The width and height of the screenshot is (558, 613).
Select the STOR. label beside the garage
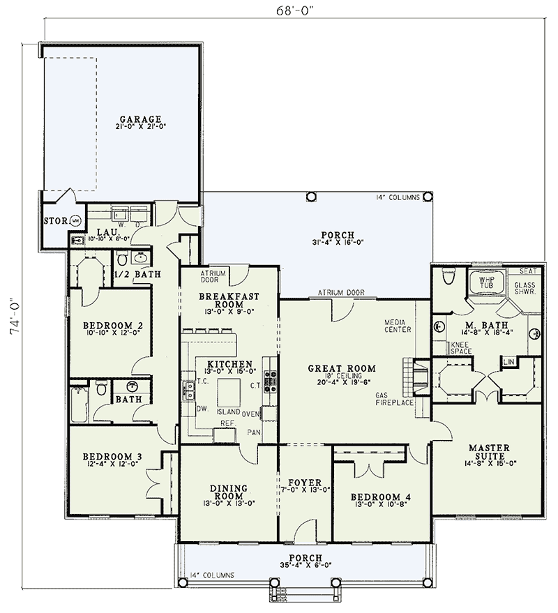click(54, 221)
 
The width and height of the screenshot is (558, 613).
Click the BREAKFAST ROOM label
click(229, 301)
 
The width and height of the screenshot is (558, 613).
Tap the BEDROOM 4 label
click(380, 497)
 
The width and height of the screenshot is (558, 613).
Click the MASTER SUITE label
click(488, 453)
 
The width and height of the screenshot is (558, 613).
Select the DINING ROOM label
click(229, 492)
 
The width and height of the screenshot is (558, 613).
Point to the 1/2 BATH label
click(137, 274)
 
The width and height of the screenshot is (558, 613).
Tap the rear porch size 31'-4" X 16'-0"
click(338, 243)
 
